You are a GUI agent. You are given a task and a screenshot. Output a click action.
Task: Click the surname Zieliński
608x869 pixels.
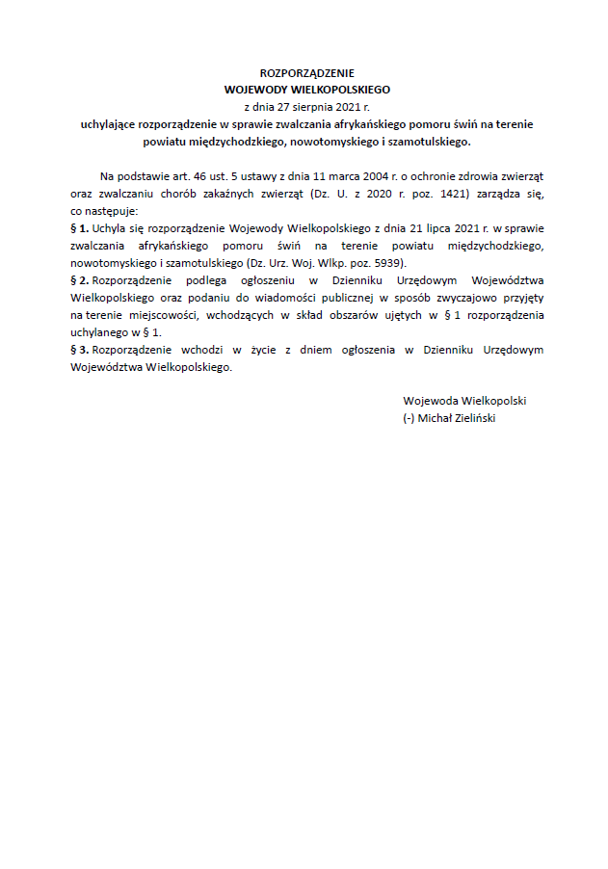click(472, 418)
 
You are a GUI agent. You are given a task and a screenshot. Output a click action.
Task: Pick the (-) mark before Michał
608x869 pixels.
click(409, 418)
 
